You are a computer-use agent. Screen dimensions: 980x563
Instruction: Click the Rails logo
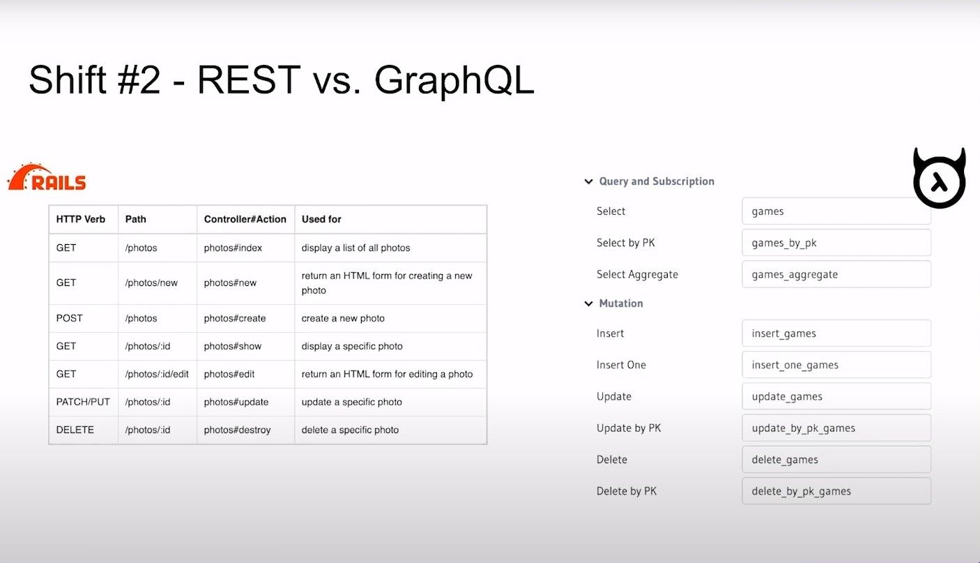tap(47, 177)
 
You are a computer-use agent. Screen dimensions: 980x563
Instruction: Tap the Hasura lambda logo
tap(940, 178)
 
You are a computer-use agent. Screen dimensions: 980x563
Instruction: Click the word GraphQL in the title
tap(454, 80)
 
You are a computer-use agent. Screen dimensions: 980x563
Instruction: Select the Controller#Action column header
tap(245, 219)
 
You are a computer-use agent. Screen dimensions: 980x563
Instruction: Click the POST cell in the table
tap(69, 318)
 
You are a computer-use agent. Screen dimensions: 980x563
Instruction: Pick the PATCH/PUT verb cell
tap(83, 402)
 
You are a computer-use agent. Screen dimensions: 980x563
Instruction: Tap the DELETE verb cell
tap(75, 430)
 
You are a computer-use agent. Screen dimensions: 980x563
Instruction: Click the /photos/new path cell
tap(151, 283)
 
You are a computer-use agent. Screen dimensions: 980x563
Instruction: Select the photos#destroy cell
tap(237, 430)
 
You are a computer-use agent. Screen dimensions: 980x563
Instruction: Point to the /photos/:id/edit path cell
tap(157, 374)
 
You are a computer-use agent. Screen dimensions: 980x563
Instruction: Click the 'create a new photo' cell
tap(343, 318)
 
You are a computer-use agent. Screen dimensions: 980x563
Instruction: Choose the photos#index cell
tap(233, 248)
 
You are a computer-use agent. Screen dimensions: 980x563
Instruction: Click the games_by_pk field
tap(836, 243)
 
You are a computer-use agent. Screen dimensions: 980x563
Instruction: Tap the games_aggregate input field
tap(836, 274)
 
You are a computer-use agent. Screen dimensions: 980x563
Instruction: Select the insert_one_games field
tap(836, 365)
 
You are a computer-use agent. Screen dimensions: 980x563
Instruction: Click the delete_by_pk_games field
tap(836, 490)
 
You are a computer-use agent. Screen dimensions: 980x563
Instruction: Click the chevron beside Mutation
tap(588, 303)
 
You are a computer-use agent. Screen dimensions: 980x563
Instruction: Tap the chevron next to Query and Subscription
tap(588, 181)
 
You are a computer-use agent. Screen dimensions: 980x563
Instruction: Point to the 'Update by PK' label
tap(629, 428)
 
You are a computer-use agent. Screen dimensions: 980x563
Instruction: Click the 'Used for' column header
tap(321, 219)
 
